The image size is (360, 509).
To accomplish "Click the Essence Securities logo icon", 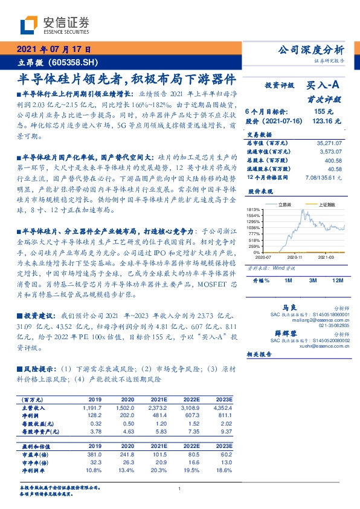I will point(29,24).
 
